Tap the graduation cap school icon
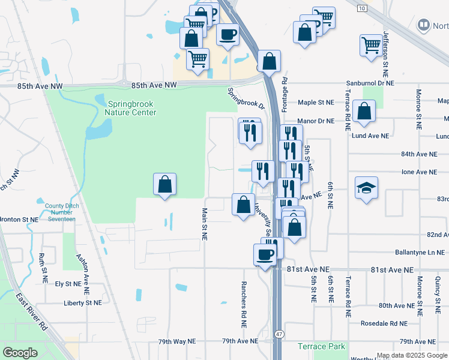coord(366,188)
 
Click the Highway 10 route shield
coord(361,8)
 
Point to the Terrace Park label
coord(321,346)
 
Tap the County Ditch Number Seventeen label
coord(60,212)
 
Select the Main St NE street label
coord(205,224)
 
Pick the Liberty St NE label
coord(82,303)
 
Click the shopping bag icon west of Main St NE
coord(165,186)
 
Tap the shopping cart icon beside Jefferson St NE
coord(371,45)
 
